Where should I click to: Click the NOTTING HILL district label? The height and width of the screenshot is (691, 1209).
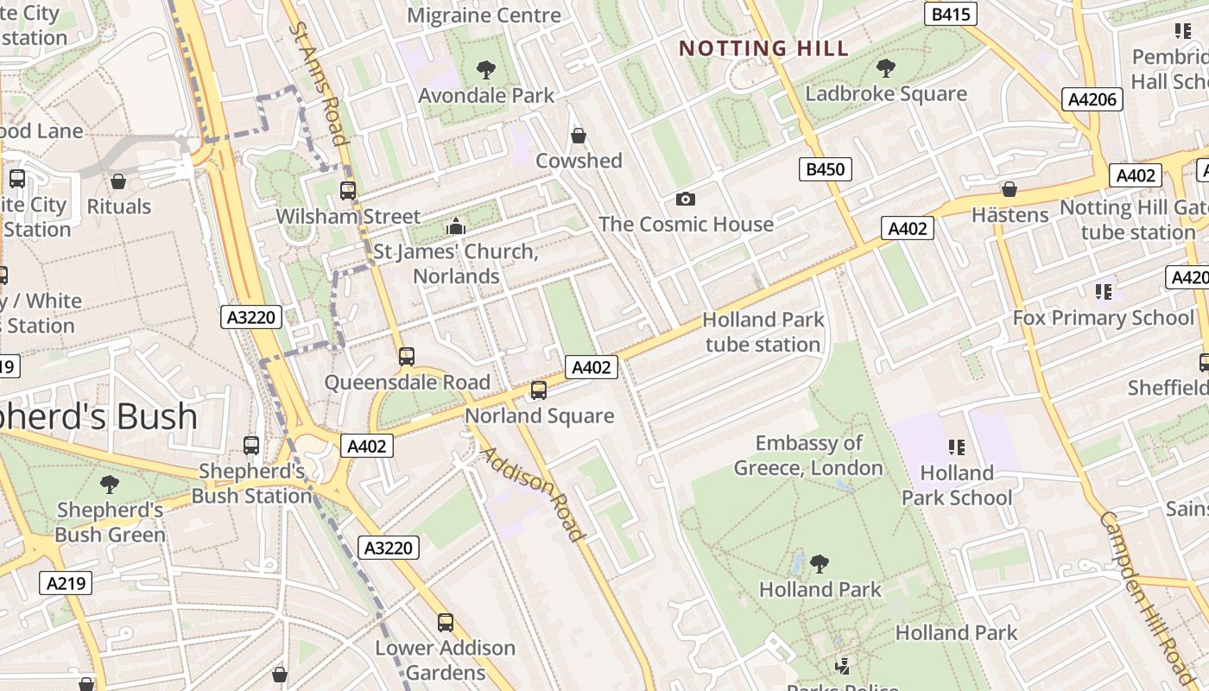click(764, 48)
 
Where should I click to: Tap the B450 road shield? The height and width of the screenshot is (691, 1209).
click(824, 169)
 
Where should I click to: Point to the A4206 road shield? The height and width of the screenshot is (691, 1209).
click(1092, 99)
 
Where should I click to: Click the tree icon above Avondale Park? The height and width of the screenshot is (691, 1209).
click(486, 69)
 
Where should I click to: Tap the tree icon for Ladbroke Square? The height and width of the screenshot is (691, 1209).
click(885, 67)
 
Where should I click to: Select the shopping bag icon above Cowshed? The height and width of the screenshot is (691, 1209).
click(579, 136)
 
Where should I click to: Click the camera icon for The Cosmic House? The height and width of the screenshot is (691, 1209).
click(686, 200)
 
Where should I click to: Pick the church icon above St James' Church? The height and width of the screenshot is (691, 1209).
click(455, 226)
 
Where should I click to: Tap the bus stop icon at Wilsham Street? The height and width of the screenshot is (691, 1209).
click(348, 191)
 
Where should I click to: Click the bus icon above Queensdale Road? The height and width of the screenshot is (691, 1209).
click(406, 356)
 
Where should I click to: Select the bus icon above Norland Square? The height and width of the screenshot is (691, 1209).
click(539, 390)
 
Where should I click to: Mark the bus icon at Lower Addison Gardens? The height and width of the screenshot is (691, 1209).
click(446, 622)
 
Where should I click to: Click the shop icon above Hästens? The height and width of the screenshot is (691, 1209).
click(1009, 189)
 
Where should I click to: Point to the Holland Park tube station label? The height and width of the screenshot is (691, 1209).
click(763, 332)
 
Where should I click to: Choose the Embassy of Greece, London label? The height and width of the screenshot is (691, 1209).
click(808, 456)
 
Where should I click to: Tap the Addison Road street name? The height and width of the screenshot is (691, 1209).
click(532, 494)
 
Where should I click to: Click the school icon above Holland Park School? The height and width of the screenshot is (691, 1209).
click(956, 447)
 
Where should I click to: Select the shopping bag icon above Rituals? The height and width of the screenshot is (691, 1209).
click(118, 181)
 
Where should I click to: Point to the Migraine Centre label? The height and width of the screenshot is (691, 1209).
click(484, 16)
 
